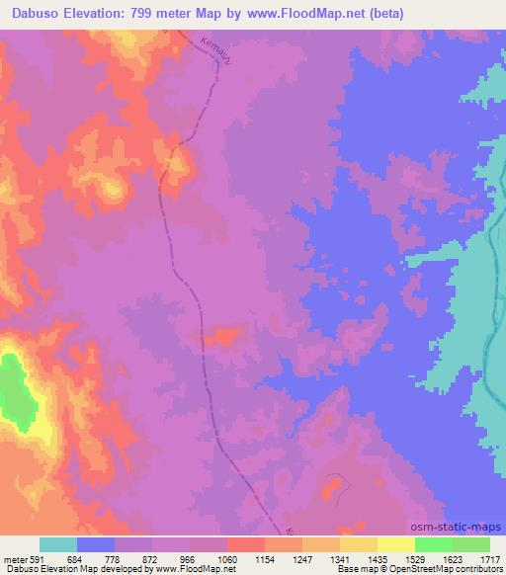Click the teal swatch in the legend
click(58, 544)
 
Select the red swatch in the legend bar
click(246, 544)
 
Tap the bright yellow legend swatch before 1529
click(396, 544)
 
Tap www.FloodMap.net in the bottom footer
click(182, 570)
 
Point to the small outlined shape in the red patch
click(336, 485)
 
